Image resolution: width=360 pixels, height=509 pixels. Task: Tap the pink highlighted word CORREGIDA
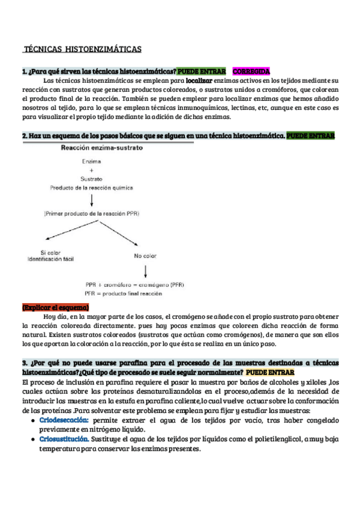tap(251, 71)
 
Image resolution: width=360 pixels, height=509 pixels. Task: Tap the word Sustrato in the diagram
tap(92, 179)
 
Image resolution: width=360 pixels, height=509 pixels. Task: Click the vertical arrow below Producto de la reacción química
tap(92, 199)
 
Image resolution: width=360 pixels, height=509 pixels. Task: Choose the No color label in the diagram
tap(145, 255)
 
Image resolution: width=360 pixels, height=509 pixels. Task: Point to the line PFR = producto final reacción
tap(124, 294)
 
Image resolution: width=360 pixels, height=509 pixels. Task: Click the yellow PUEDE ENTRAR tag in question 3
tap(270, 372)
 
